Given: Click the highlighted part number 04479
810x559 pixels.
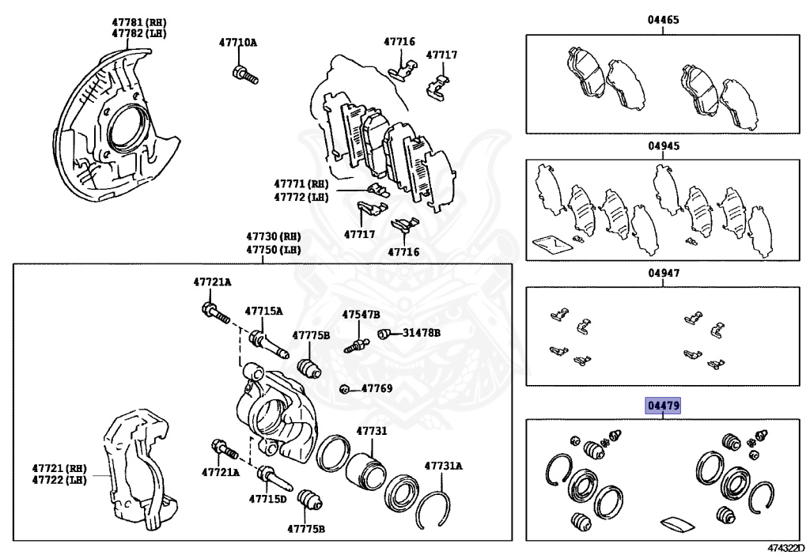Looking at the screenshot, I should click(663, 406).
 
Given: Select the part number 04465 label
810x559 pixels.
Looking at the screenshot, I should click(664, 20).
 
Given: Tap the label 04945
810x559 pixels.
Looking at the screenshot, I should click(664, 146).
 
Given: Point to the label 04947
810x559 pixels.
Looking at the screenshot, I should click(664, 273).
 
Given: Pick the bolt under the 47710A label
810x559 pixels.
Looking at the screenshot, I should click(244, 75).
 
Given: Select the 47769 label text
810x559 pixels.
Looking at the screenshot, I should click(377, 388).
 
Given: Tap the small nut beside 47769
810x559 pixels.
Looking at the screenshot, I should click(345, 389).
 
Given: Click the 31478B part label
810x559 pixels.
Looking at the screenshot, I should click(422, 333).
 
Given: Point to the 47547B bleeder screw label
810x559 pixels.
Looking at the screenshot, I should click(361, 314).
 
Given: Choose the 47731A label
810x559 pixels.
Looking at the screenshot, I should click(442, 466).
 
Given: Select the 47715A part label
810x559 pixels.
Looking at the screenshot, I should click(263, 311).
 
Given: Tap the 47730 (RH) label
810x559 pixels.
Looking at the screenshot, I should click(273, 236).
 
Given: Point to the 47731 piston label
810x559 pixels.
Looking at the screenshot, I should click(371, 431).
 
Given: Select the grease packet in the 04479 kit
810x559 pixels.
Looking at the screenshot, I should click(674, 523).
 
